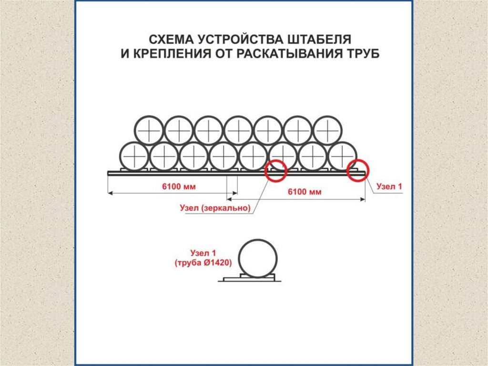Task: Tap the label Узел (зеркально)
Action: point(215,208)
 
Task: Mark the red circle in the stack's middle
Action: point(276,171)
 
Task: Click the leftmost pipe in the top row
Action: point(149,130)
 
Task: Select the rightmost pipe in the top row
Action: point(327,130)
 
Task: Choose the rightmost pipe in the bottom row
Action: point(342,156)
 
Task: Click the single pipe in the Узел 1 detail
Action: point(257,258)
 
